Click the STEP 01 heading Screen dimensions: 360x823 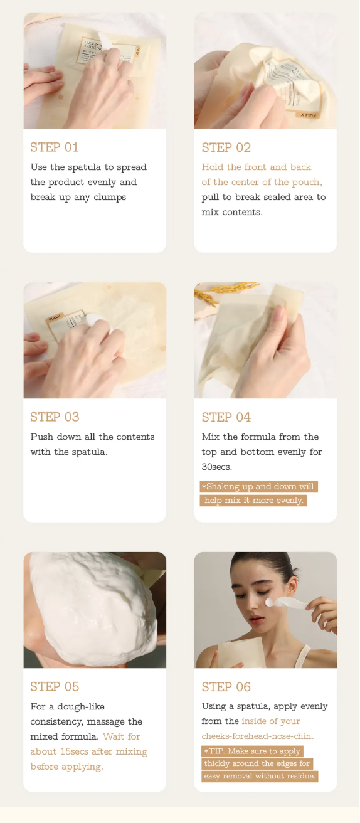pyautogui.click(x=55, y=147)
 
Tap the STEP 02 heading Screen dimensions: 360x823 pyautogui.click(x=226, y=147)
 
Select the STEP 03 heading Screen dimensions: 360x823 pyautogui.click(x=55, y=417)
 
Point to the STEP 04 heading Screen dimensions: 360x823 pyautogui.click(x=226, y=417)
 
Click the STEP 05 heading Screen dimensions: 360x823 pyautogui.click(x=55, y=687)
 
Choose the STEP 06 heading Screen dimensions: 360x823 pyautogui.click(x=226, y=687)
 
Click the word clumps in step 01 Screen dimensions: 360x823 pyautogui.click(x=110, y=198)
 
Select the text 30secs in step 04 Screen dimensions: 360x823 pyautogui.click(x=217, y=467)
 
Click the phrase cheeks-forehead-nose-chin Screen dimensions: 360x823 pyautogui.click(x=258, y=736)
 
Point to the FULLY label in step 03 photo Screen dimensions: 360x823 pyautogui.click(x=55, y=317)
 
